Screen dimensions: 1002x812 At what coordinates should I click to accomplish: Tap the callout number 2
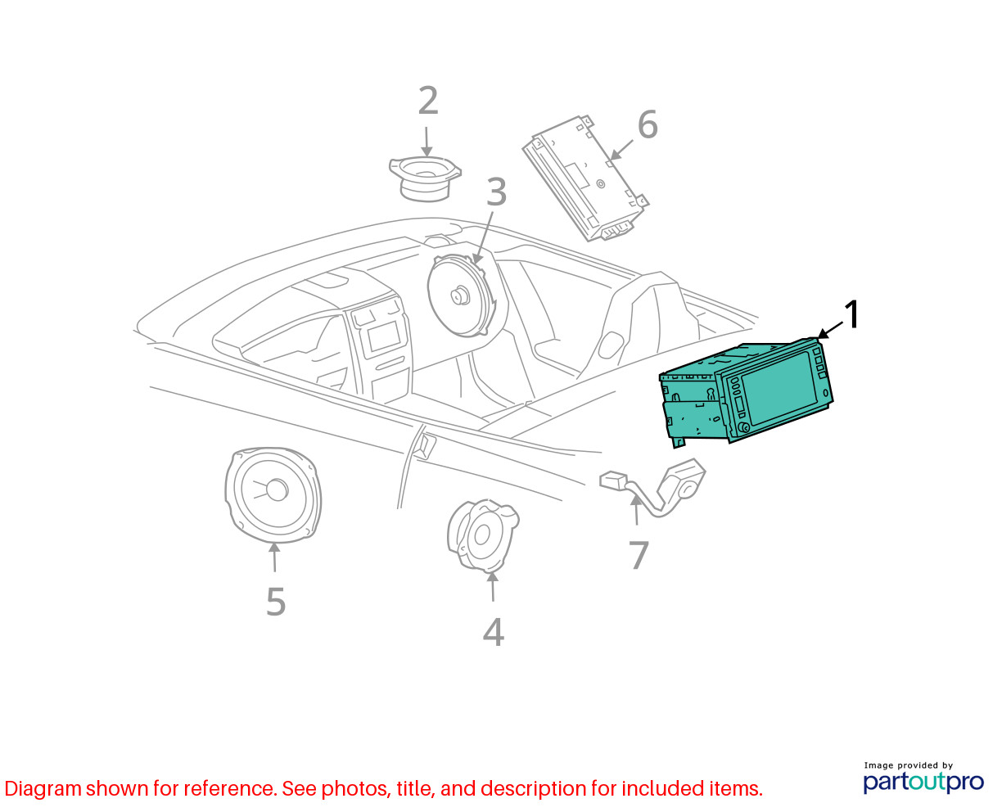click(428, 100)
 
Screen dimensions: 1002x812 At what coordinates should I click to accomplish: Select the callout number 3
click(496, 192)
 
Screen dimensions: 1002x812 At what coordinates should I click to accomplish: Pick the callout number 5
click(276, 602)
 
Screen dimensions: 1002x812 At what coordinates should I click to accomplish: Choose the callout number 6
click(648, 124)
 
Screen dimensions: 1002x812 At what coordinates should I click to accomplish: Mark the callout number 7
click(639, 555)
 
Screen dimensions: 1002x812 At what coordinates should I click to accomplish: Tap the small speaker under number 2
click(425, 178)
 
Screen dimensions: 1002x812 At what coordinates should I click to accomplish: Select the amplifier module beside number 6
click(585, 178)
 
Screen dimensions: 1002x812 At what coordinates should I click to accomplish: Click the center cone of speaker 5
click(277, 489)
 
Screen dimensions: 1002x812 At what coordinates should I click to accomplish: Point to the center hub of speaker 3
click(459, 296)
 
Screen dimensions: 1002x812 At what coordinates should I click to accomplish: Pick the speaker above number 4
click(483, 536)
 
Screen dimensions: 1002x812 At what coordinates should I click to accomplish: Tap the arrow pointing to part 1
click(830, 330)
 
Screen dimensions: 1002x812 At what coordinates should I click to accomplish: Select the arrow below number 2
click(427, 142)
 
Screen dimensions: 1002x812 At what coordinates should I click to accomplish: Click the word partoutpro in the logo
click(923, 782)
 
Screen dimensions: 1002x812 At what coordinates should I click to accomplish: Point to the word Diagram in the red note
click(43, 789)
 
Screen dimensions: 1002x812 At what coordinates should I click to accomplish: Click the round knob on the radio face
click(744, 427)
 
